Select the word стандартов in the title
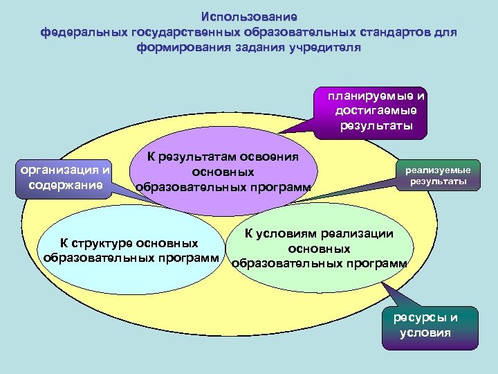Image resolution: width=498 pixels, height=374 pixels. click(394, 32)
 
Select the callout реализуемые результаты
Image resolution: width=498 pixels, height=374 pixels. click(438, 175)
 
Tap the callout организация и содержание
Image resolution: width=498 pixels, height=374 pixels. click(66, 177)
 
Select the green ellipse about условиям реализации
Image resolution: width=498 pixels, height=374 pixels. click(320, 249)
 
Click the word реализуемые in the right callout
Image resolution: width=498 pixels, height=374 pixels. click(438, 170)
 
